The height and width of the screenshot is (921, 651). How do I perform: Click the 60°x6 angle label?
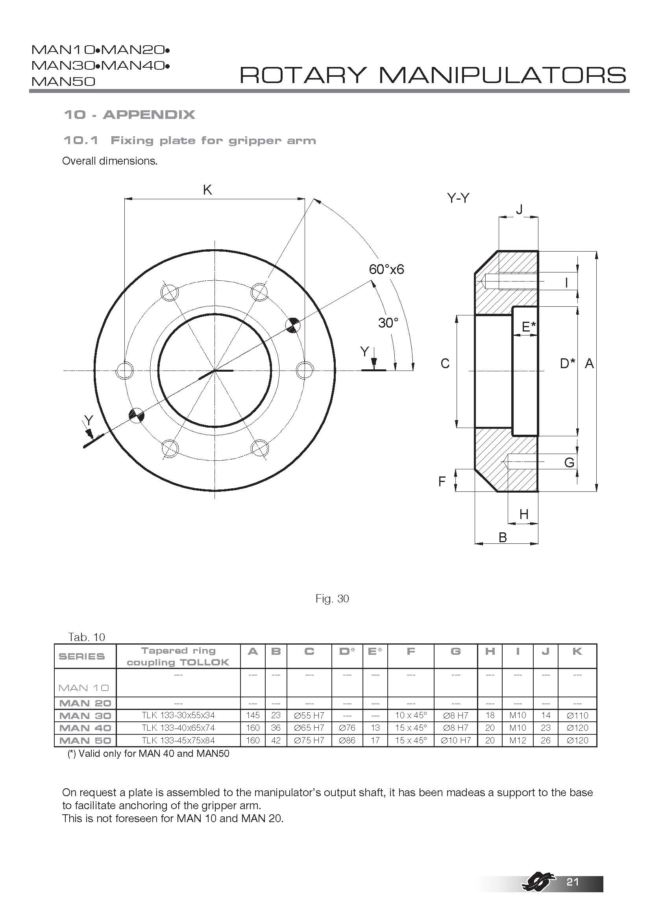pos(386,269)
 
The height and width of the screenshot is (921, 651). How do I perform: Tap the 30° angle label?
pos(388,322)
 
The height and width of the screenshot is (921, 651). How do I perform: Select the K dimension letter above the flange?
pos(207,190)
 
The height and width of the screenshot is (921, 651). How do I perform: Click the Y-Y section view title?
pos(458,198)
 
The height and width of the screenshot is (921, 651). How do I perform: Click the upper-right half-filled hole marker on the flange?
pos(294,325)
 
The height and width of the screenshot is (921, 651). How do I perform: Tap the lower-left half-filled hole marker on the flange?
pos(136,415)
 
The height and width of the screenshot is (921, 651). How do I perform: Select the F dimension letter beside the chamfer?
pos(442,481)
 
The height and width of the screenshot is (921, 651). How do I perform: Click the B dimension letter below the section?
pos(503,537)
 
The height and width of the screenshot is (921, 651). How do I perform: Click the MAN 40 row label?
pos(85,728)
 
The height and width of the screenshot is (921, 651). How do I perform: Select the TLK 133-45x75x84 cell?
pos(178,741)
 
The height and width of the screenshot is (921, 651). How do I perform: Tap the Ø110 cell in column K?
pos(577,715)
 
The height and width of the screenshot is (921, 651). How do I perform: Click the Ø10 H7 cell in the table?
pos(455,741)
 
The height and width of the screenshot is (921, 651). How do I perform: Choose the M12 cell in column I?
pos(518,741)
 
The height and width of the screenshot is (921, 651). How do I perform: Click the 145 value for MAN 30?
pos(253,715)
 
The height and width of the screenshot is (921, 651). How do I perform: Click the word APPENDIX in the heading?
pos(149,115)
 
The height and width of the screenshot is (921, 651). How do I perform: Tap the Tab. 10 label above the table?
pos(87,637)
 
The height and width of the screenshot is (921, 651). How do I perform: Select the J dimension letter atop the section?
pos(519,209)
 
